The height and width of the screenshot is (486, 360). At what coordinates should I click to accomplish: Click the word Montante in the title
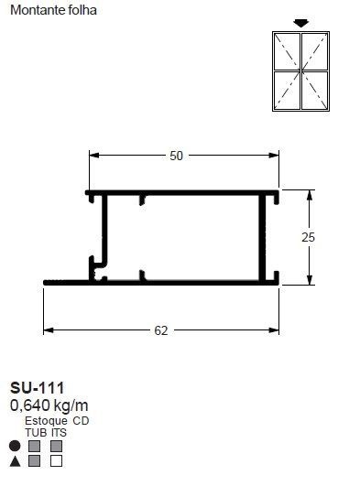coord(36,10)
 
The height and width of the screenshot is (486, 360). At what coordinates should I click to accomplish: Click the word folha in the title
coord(82,10)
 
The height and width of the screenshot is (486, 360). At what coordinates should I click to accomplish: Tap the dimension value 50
coord(176,156)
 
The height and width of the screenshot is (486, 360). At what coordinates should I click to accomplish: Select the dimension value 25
coord(308,237)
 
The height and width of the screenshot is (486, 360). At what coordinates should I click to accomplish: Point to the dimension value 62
coord(161,330)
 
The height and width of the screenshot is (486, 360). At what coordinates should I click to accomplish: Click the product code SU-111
coord(38,388)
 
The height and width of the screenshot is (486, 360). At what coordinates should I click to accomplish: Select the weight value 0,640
coord(30,405)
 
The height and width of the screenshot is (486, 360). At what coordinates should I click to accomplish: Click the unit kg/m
coord(71,405)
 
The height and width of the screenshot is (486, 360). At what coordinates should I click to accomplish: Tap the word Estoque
coord(46,421)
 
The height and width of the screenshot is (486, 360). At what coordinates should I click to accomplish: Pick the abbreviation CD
coord(81,421)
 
